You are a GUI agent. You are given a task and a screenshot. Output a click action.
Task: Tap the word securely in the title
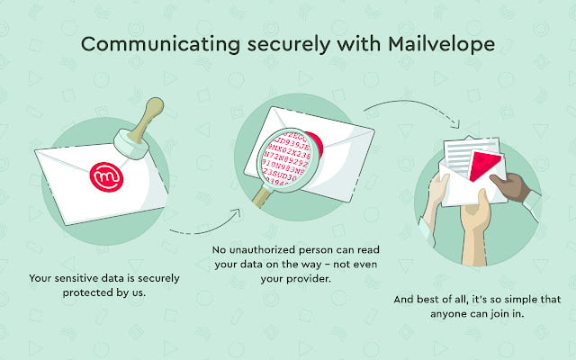pyautogui.click(x=263, y=43)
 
